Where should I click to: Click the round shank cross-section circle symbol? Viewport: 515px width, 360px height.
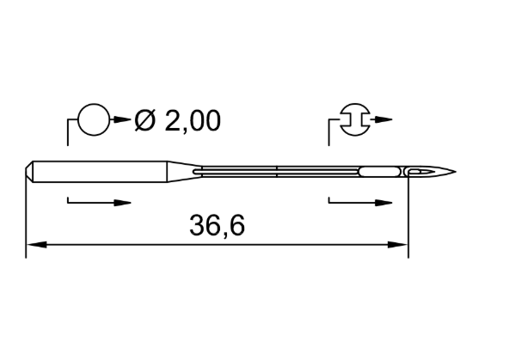[x=94, y=104]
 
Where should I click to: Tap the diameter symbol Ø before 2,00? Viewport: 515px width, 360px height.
[x=144, y=120]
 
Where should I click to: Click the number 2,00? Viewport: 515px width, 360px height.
[x=193, y=121]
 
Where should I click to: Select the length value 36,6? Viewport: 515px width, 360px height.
[x=218, y=225]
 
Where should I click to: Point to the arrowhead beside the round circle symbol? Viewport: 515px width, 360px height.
[x=122, y=119]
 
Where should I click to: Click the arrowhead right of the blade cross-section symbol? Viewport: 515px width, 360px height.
[x=383, y=119]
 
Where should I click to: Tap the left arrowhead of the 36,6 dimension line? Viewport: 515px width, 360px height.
[x=36, y=245]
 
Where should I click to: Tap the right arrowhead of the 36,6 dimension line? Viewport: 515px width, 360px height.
[x=397, y=245]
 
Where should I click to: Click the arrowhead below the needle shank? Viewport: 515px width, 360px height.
[x=122, y=203]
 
